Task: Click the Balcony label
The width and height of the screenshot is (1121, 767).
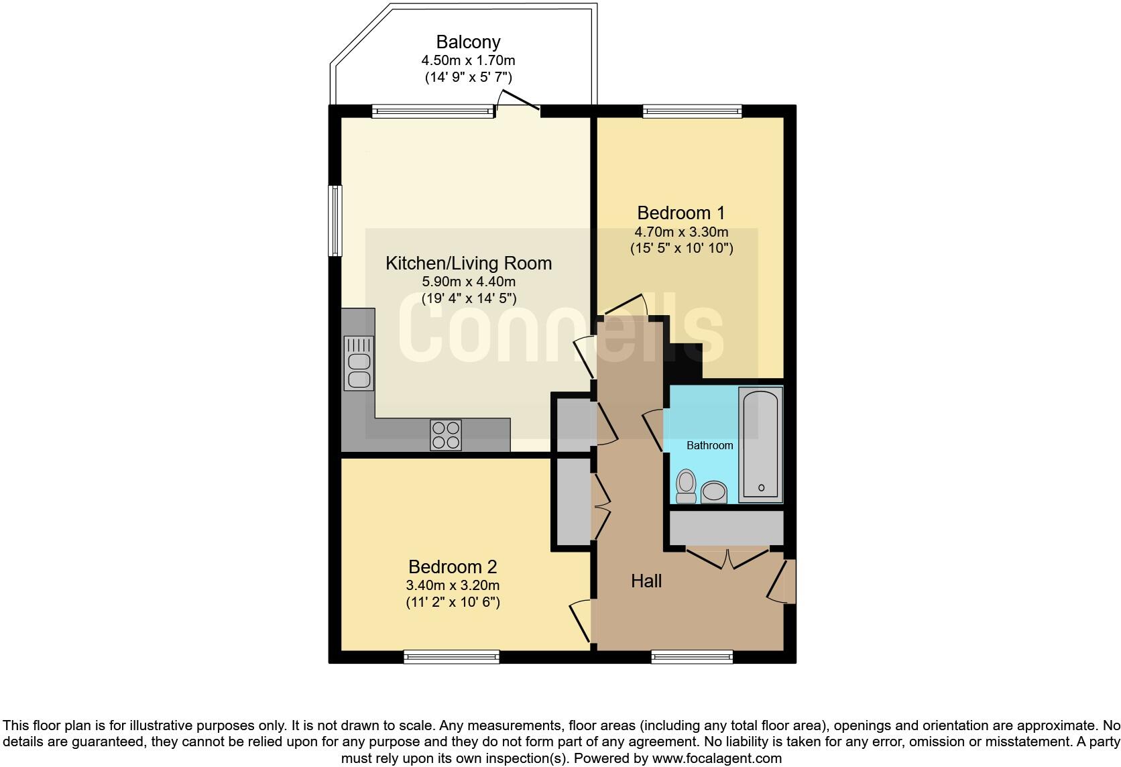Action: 468,42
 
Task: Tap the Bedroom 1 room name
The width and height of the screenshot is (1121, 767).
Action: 681,213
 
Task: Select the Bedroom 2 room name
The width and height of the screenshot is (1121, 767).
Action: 453,567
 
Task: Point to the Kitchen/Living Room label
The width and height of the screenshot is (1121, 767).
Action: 469,263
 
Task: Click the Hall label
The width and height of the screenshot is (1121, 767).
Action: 646,581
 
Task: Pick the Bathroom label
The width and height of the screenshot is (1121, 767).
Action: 709,445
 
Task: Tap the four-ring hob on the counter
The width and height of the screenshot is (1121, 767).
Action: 446,434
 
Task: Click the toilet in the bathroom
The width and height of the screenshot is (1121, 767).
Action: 686,485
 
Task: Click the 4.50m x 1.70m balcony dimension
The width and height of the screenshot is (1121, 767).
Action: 468,60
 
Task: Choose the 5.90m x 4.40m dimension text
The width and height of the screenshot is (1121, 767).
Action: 469,282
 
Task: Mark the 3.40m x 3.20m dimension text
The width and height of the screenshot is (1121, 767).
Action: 453,585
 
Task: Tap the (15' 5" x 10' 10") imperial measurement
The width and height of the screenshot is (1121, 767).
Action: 681,248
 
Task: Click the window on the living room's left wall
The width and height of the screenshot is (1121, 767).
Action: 335,221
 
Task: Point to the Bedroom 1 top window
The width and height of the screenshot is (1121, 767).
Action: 692,111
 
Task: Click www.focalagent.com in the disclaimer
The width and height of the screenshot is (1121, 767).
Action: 717,759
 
